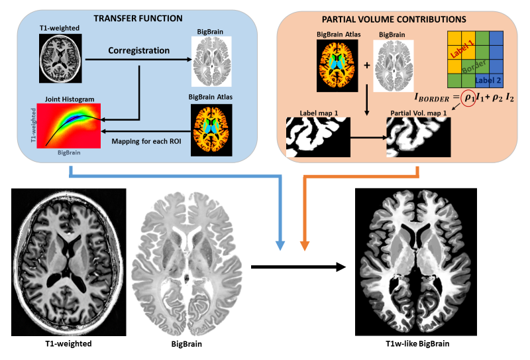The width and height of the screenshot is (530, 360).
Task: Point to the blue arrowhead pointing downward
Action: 282,245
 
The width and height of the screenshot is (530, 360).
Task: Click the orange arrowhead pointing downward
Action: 305,245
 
